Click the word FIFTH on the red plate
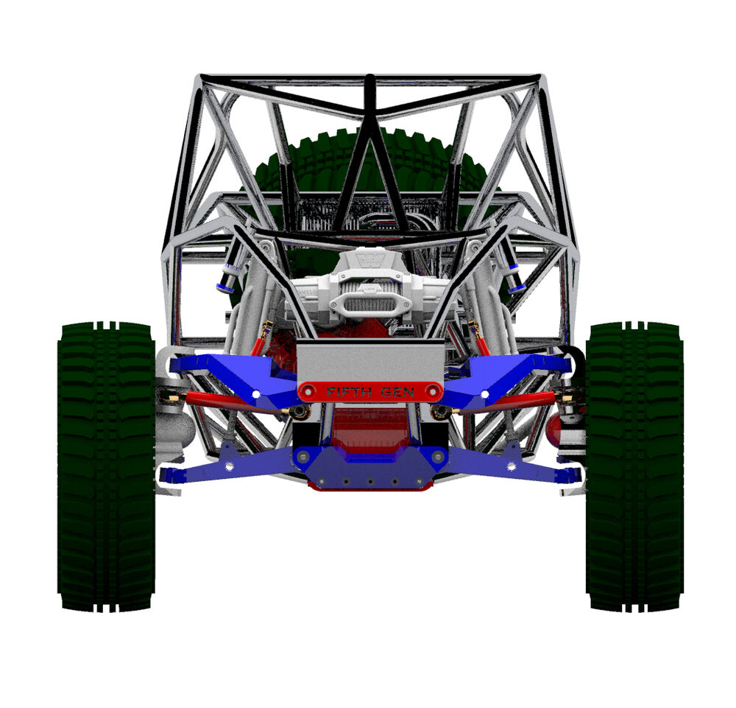[x=349, y=392]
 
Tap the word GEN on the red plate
[x=397, y=392]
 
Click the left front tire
[x=106, y=466]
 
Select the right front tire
[x=634, y=466]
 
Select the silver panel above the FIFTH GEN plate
[x=370, y=361]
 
